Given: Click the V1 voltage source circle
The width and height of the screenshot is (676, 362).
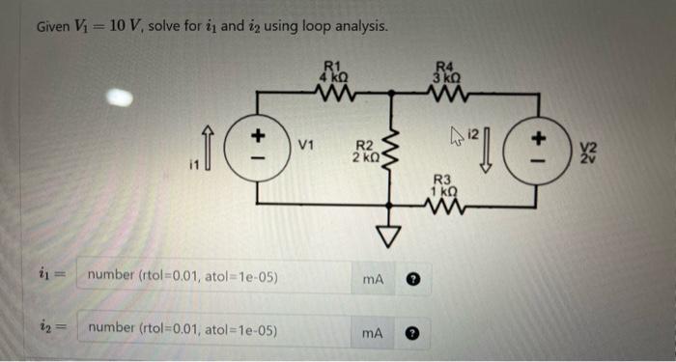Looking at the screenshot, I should pyautogui.click(x=258, y=150).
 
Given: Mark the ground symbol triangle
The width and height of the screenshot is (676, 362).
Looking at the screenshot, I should pyautogui.click(x=391, y=233).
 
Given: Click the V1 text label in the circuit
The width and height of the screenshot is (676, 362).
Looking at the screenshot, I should pyautogui.click(x=307, y=147).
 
